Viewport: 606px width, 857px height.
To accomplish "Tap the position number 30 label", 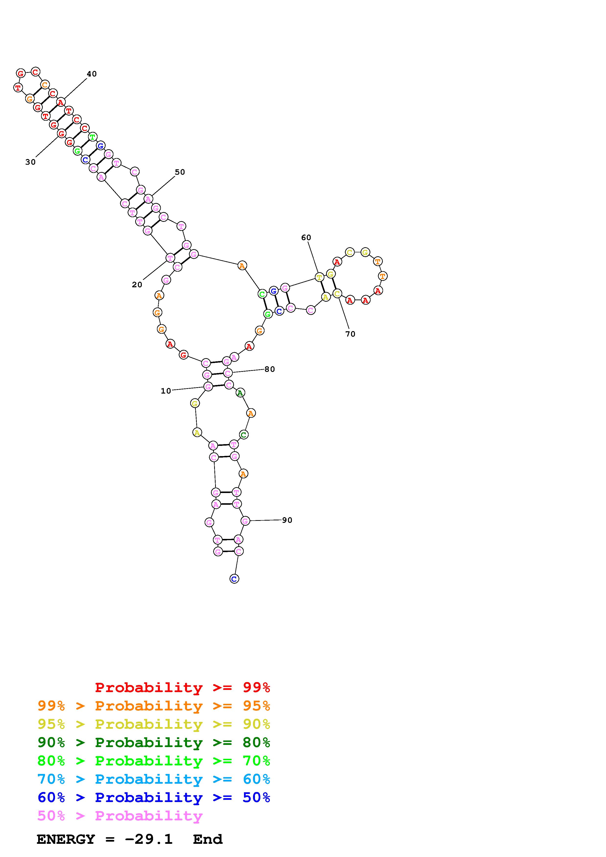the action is tap(30, 162).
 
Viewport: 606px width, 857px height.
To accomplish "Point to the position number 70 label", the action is tap(350, 334).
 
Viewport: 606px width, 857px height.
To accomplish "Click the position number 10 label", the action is tap(166, 391).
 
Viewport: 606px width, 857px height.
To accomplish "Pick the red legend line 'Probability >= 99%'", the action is tap(183, 687).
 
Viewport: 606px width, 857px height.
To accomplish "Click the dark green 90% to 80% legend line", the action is tap(154, 742).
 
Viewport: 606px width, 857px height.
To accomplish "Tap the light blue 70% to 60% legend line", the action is tap(154, 779).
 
